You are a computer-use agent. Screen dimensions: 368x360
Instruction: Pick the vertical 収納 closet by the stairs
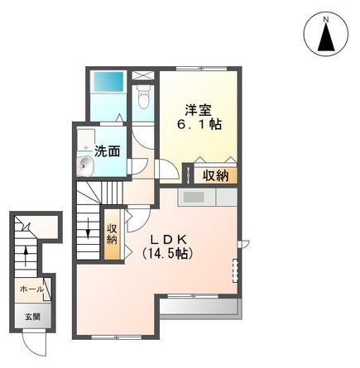pos(112,235)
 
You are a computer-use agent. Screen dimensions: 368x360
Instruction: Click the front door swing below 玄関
pos(31,339)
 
